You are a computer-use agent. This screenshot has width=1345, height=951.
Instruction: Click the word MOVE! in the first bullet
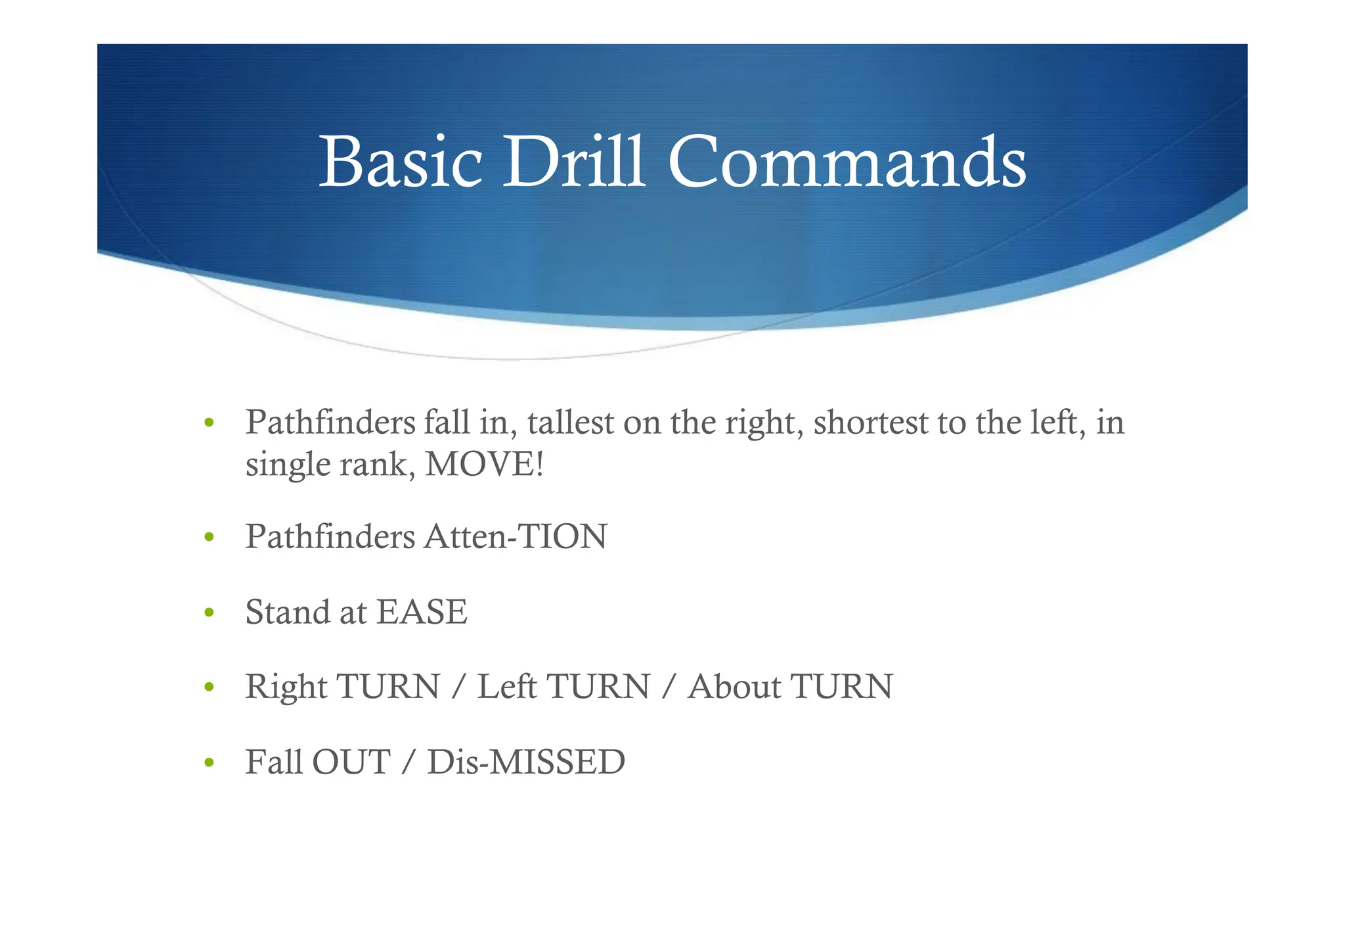tap(485, 464)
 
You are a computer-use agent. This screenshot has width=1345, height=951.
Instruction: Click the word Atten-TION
tap(516, 536)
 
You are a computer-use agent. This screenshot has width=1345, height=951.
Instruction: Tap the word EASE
tap(422, 612)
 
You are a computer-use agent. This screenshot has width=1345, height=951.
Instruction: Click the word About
tap(734, 687)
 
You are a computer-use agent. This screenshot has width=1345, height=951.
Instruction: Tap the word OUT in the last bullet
tap(351, 762)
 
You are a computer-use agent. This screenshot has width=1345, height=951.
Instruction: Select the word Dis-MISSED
tap(526, 762)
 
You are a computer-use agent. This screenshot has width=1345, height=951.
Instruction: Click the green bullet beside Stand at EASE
tap(209, 613)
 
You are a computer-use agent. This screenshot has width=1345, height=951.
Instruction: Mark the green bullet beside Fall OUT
tap(209, 763)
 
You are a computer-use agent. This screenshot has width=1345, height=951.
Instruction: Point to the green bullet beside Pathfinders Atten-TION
tap(209, 538)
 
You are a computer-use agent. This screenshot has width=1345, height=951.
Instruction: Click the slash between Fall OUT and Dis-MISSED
tap(408, 762)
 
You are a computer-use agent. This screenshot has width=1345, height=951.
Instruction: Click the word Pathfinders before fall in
tap(330, 422)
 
